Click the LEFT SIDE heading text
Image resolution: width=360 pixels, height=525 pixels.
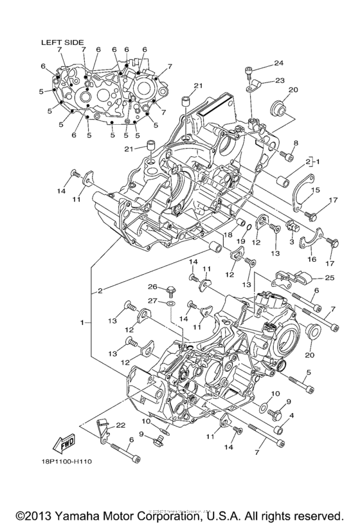[62, 42]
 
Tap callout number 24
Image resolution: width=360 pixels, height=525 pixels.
[278, 63]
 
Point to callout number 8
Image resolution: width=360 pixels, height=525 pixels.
[296, 143]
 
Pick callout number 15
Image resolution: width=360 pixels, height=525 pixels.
[316, 190]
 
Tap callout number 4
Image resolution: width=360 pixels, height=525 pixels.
[292, 416]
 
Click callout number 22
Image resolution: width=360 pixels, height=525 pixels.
[120, 426]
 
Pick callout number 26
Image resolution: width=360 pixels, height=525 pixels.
[152, 287]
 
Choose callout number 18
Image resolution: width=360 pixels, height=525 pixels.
[227, 235]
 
